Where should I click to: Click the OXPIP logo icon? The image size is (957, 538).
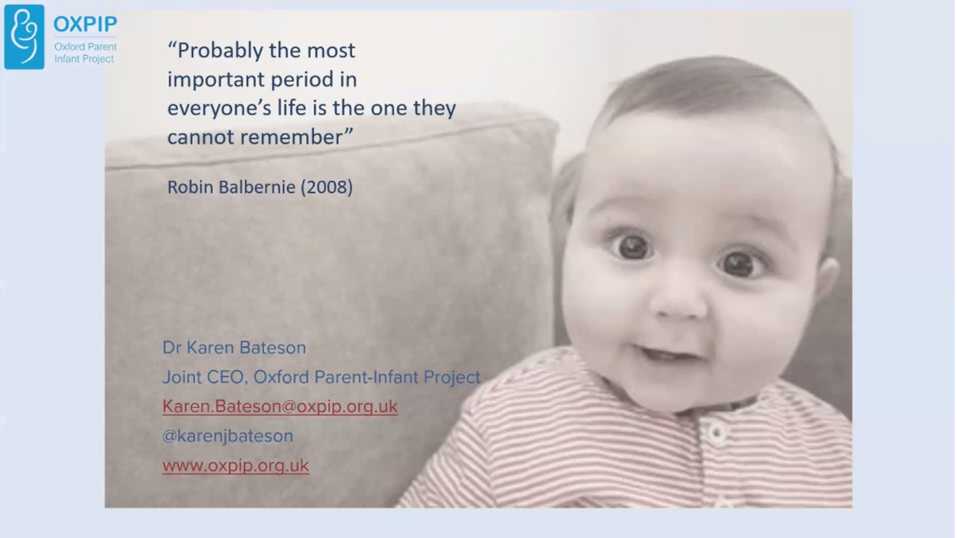[x=24, y=37]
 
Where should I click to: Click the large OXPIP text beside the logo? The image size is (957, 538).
[x=85, y=23]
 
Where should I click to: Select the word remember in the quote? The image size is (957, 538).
[x=297, y=136]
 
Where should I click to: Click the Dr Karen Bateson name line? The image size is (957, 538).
[x=234, y=348]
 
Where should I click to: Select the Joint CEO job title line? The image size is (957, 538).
[x=321, y=377]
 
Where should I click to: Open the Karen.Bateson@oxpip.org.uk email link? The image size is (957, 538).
[x=280, y=406]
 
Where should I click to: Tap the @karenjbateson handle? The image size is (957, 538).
[x=227, y=436]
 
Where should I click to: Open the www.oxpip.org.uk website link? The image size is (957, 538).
[x=235, y=465]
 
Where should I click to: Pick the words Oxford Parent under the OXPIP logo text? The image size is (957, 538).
[x=85, y=46]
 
